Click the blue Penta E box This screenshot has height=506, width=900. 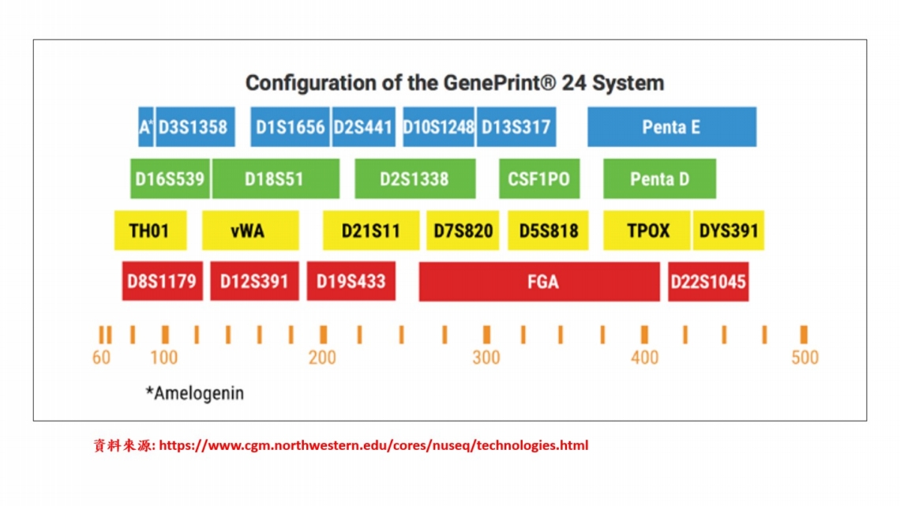tap(672, 127)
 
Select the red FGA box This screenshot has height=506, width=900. tap(539, 282)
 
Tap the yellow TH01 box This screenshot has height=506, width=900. tap(150, 231)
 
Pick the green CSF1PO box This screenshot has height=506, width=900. tap(539, 179)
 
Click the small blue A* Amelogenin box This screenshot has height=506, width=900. tap(146, 127)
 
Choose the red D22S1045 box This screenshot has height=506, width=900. tap(708, 282)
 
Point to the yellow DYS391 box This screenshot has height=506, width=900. tap(729, 231)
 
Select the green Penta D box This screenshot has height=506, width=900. tap(659, 179)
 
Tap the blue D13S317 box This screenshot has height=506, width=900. tap(516, 127)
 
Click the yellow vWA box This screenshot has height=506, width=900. tap(250, 231)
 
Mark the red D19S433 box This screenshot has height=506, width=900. tap(351, 282)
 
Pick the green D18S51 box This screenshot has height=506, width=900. tap(276, 179)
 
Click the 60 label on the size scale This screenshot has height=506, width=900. tap(101, 358)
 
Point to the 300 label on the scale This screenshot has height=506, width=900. tap(486, 358)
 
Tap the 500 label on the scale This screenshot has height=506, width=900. tap(804, 358)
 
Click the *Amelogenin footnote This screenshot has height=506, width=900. tap(194, 393)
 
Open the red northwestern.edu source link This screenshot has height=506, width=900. tap(373, 445)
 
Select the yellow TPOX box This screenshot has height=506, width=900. tap(647, 231)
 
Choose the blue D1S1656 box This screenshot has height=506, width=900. tap(290, 127)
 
